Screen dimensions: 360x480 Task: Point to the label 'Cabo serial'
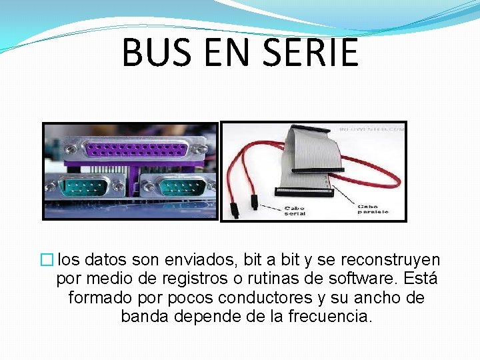(x=295, y=211)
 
